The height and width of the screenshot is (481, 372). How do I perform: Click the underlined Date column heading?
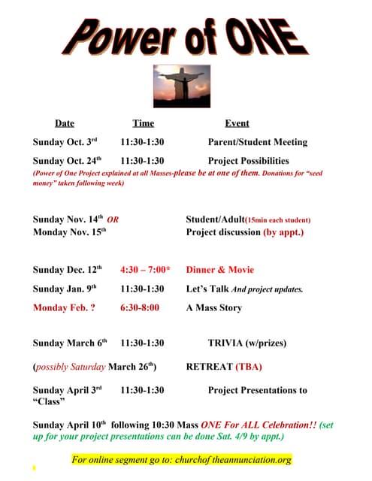tap(65, 123)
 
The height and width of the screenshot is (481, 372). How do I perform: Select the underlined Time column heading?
tap(143, 123)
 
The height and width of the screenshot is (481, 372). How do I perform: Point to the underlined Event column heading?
tap(237, 123)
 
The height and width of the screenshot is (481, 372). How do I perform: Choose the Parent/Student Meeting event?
tap(257, 142)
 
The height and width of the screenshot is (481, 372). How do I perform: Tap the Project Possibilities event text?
tap(248, 161)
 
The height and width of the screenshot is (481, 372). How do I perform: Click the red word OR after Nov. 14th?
tap(113, 220)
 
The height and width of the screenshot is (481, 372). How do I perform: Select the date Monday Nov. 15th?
tap(70, 232)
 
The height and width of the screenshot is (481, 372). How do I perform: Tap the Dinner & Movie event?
tap(220, 270)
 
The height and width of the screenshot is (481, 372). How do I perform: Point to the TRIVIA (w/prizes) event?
tap(247, 343)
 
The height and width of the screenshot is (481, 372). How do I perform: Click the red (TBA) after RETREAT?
tap(249, 368)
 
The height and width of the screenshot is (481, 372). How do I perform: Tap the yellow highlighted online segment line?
tap(181, 459)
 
